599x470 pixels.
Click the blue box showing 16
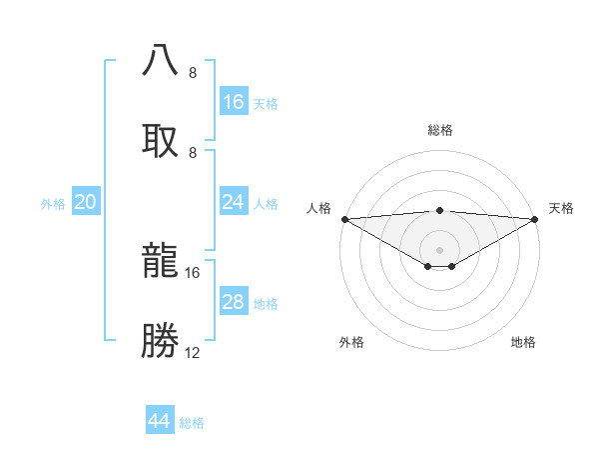coord(233,102)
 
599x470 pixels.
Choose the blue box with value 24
coord(233,202)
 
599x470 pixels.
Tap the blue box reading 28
coord(233,302)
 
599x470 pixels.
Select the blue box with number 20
coord(86,202)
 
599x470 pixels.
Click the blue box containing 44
coord(160,421)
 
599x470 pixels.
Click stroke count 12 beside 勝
coord(193,352)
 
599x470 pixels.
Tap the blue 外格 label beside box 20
coord(53,203)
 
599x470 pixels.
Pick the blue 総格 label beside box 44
coord(192,422)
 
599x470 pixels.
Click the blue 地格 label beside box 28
coord(266,303)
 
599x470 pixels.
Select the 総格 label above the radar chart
coord(439,130)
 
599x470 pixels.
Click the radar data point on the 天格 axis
coord(536,218)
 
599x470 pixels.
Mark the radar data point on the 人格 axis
coord(343,218)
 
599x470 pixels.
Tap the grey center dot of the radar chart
coord(439,249)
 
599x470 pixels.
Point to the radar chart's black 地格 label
coord(523,342)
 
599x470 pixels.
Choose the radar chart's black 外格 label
coord(351,342)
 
